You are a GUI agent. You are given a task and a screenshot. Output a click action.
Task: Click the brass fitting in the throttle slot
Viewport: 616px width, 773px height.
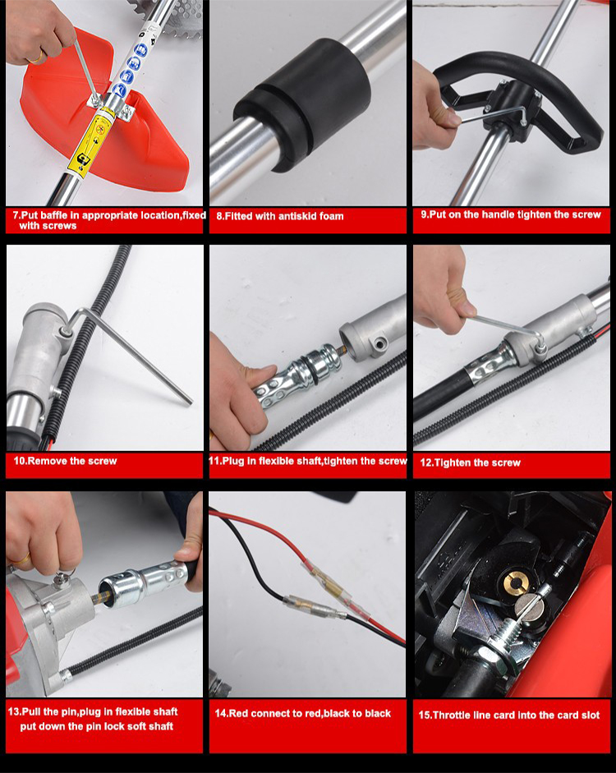click(516, 583)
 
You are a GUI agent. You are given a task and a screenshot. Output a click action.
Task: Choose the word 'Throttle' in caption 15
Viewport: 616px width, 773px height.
click(453, 715)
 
